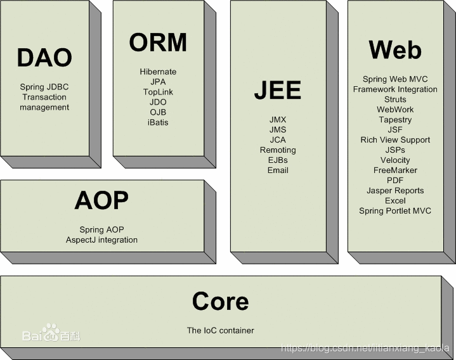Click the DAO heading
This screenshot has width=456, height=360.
tap(44, 58)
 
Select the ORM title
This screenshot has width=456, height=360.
tap(158, 42)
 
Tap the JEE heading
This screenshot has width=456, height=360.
tap(277, 91)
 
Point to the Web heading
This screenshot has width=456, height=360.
tap(394, 49)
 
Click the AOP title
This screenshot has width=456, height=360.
tap(101, 200)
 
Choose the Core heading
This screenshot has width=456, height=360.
tap(220, 301)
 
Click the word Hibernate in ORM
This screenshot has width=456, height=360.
tap(158, 72)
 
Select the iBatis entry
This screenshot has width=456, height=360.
tap(158, 122)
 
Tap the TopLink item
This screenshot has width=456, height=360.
tap(158, 92)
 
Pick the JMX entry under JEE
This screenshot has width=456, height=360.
tap(278, 120)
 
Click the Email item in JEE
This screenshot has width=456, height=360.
tap(278, 170)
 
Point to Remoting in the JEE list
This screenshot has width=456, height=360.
tap(278, 150)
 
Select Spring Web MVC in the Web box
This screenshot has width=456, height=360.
tap(395, 79)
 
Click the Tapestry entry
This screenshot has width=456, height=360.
tap(395, 120)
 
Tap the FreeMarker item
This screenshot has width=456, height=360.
tap(395, 170)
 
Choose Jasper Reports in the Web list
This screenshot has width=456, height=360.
tap(395, 191)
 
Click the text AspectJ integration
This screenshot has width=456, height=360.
tap(101, 240)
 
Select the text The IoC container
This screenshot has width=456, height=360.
tap(220, 330)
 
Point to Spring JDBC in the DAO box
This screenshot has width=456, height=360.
tap(44, 87)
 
